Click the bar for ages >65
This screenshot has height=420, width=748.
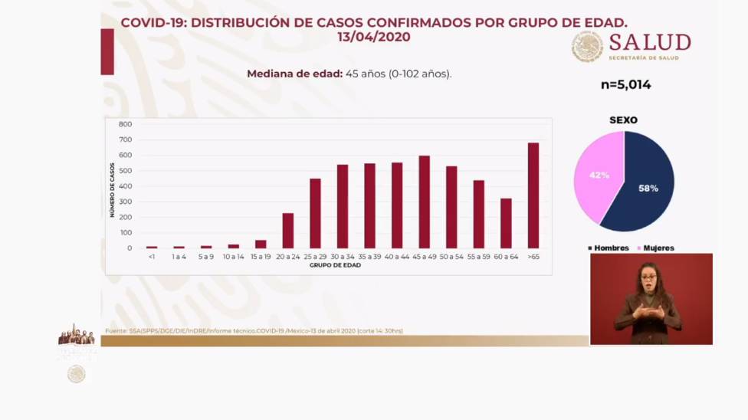click(x=533, y=195)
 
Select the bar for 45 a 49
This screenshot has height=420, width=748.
click(x=424, y=202)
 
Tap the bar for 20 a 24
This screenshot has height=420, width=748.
click(x=287, y=231)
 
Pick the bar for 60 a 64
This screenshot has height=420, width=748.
click(x=506, y=223)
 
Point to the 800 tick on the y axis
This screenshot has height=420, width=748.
click(x=125, y=124)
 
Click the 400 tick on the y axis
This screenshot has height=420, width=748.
click(x=125, y=186)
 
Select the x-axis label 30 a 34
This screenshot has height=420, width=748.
click(x=342, y=257)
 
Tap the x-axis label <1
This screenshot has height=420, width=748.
click(x=152, y=257)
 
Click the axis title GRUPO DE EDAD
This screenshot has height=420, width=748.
click(x=335, y=265)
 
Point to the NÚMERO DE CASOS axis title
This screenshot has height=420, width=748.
click(x=112, y=190)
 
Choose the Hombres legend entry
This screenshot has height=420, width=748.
click(x=609, y=248)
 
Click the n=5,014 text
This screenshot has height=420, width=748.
click(x=625, y=85)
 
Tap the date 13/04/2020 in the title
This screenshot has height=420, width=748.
click(x=373, y=37)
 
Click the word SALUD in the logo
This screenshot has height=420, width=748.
click(x=650, y=42)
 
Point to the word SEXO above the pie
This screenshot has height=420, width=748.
click(x=623, y=120)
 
